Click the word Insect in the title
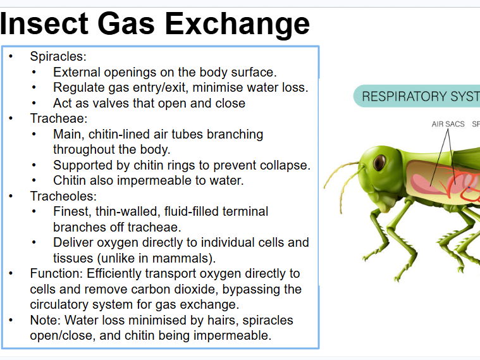(44, 23)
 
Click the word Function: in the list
(56, 274)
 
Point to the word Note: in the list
(44, 320)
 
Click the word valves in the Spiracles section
(106, 103)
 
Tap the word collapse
(285, 165)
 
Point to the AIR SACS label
(448, 124)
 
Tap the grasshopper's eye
(379, 163)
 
